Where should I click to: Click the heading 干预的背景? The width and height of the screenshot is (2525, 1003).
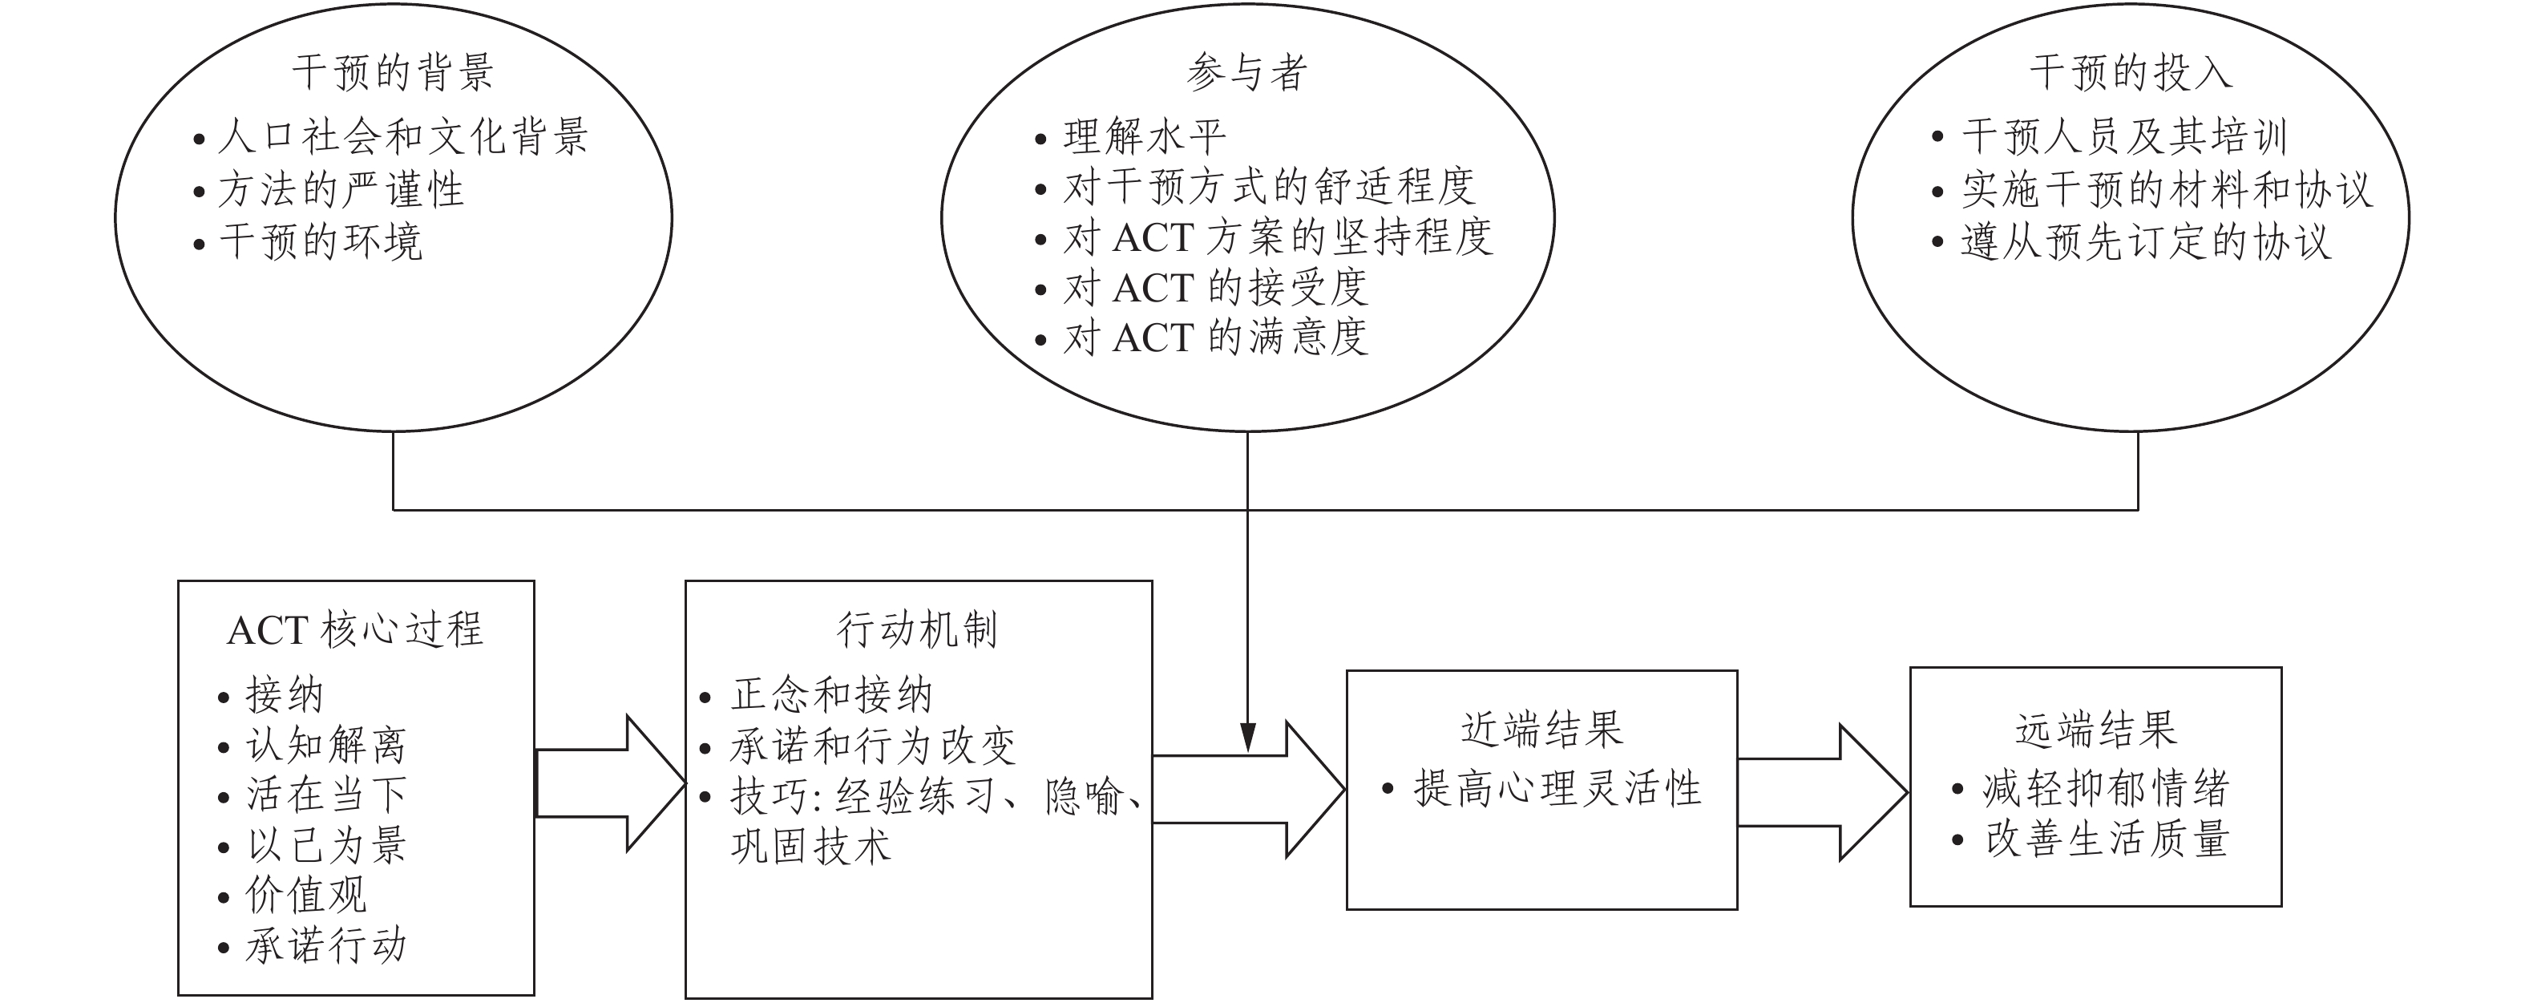click(x=393, y=72)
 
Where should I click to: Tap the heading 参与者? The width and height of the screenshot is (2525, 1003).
click(x=1246, y=72)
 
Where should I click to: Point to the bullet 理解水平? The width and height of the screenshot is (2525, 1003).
click(x=1144, y=136)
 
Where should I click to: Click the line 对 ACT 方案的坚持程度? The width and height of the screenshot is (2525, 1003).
click(x=1277, y=237)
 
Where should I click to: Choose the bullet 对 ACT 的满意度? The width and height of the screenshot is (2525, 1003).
click(x=1215, y=338)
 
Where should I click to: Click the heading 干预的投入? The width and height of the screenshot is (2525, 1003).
click(x=2130, y=72)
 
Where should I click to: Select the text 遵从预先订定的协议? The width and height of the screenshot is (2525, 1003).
click(x=2145, y=241)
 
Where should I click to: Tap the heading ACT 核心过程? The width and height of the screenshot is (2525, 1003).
click(x=355, y=629)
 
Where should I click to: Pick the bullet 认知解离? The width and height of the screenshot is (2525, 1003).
click(x=325, y=745)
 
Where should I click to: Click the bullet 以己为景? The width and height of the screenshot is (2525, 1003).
click(x=326, y=845)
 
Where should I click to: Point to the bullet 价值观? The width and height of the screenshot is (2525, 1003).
click(x=306, y=895)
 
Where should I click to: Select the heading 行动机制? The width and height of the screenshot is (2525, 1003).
click(x=918, y=629)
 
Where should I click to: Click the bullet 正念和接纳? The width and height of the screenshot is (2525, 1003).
click(x=831, y=695)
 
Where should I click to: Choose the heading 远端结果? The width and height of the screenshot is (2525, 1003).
click(x=2095, y=730)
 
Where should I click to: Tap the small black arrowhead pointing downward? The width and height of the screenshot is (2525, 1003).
click(x=1246, y=736)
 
